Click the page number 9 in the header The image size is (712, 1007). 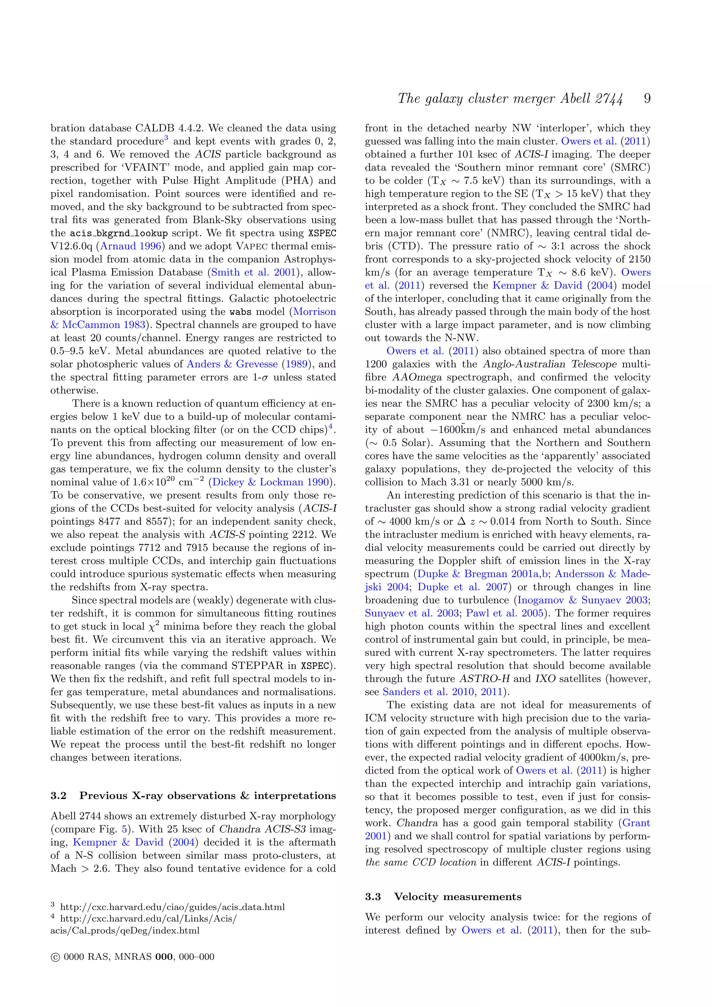(x=647, y=99)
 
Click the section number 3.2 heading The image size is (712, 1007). (x=58, y=796)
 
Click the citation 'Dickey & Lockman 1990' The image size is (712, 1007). (x=270, y=482)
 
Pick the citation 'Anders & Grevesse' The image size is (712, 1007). (x=232, y=364)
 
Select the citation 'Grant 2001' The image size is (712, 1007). (x=636, y=823)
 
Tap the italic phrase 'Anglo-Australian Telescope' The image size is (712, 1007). (x=550, y=364)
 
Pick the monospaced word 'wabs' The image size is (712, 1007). (x=241, y=312)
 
